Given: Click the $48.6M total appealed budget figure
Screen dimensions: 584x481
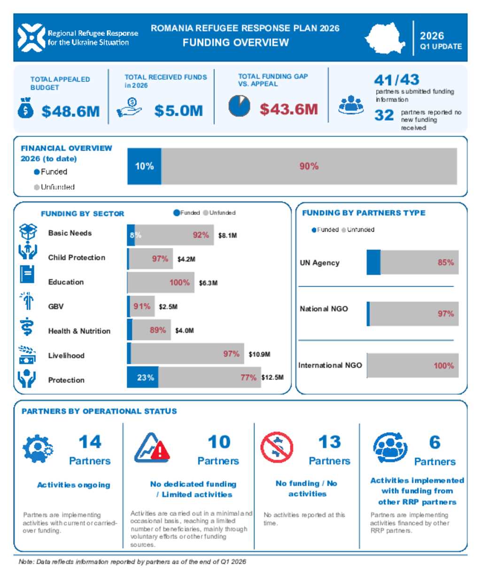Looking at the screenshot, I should click(70, 111).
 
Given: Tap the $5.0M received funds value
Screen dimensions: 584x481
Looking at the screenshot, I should click(178, 111).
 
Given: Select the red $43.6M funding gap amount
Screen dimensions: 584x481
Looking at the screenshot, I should click(289, 109).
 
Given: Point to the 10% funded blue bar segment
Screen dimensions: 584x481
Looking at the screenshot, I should click(144, 166).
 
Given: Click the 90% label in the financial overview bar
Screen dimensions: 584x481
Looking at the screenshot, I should click(309, 166).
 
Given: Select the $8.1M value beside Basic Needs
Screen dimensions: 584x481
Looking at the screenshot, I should click(228, 235).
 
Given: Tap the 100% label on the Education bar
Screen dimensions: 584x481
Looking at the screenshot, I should click(179, 283).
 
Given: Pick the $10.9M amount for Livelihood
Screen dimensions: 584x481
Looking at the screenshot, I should click(259, 354).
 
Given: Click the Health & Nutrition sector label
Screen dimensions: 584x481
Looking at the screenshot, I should click(79, 331).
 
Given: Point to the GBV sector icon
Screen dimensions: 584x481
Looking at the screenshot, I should click(27, 301).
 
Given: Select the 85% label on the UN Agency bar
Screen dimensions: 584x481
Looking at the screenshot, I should click(446, 262).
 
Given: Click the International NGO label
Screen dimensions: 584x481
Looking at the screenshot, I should click(330, 365).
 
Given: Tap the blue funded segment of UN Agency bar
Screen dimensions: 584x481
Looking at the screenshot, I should click(373, 262).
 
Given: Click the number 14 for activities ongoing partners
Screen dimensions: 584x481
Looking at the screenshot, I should click(90, 442).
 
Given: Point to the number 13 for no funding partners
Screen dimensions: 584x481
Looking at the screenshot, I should click(329, 442).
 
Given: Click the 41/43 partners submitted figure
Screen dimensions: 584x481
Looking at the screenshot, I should click(396, 79).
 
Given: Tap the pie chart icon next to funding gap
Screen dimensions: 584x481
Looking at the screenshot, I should click(239, 106).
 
